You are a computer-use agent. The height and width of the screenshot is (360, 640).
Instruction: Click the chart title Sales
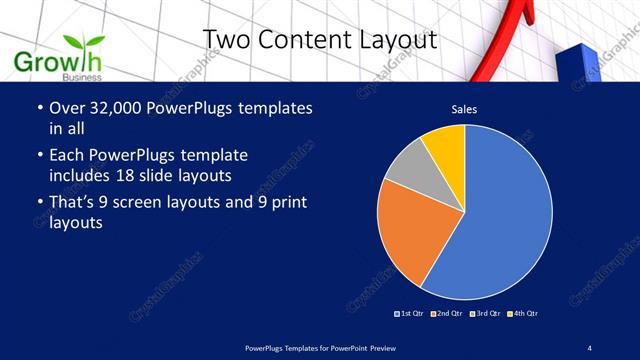point(464,108)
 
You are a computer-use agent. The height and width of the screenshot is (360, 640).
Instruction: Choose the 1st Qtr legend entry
point(411,314)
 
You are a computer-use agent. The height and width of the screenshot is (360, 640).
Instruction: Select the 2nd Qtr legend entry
point(448,314)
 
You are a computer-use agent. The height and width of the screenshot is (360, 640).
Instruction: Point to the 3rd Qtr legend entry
point(484,314)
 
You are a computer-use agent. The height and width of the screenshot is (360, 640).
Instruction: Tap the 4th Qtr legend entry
point(522,314)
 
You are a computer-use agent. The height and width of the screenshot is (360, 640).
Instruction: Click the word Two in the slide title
point(226,40)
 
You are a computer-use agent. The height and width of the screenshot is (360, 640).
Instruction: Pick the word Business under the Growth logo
point(80,77)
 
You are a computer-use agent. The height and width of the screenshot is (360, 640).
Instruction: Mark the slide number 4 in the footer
point(590,346)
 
